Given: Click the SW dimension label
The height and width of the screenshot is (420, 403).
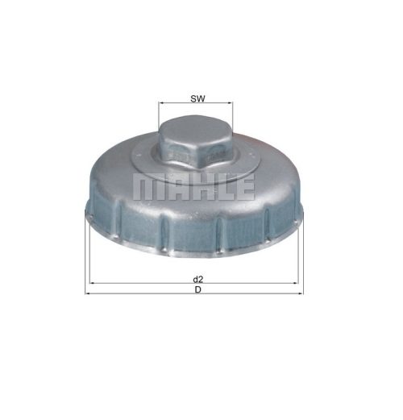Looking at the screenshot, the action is click(197, 98).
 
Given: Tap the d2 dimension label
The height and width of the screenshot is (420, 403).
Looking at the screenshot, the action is click(198, 280).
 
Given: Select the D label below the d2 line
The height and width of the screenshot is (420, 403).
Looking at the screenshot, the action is click(197, 289).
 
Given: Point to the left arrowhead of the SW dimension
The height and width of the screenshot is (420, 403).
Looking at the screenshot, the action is click(161, 102).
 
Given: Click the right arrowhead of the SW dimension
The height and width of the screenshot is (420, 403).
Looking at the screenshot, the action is click(231, 102).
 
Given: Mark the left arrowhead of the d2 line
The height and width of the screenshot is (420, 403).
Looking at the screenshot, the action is click(92, 283).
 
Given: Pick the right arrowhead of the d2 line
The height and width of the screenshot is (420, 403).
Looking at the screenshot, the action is click(296, 283).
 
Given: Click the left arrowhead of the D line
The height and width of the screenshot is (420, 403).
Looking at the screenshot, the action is click(88, 293).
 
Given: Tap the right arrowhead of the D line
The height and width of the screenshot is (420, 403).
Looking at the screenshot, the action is click(301, 293).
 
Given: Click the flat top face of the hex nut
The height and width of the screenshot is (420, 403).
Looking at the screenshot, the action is click(196, 128).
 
